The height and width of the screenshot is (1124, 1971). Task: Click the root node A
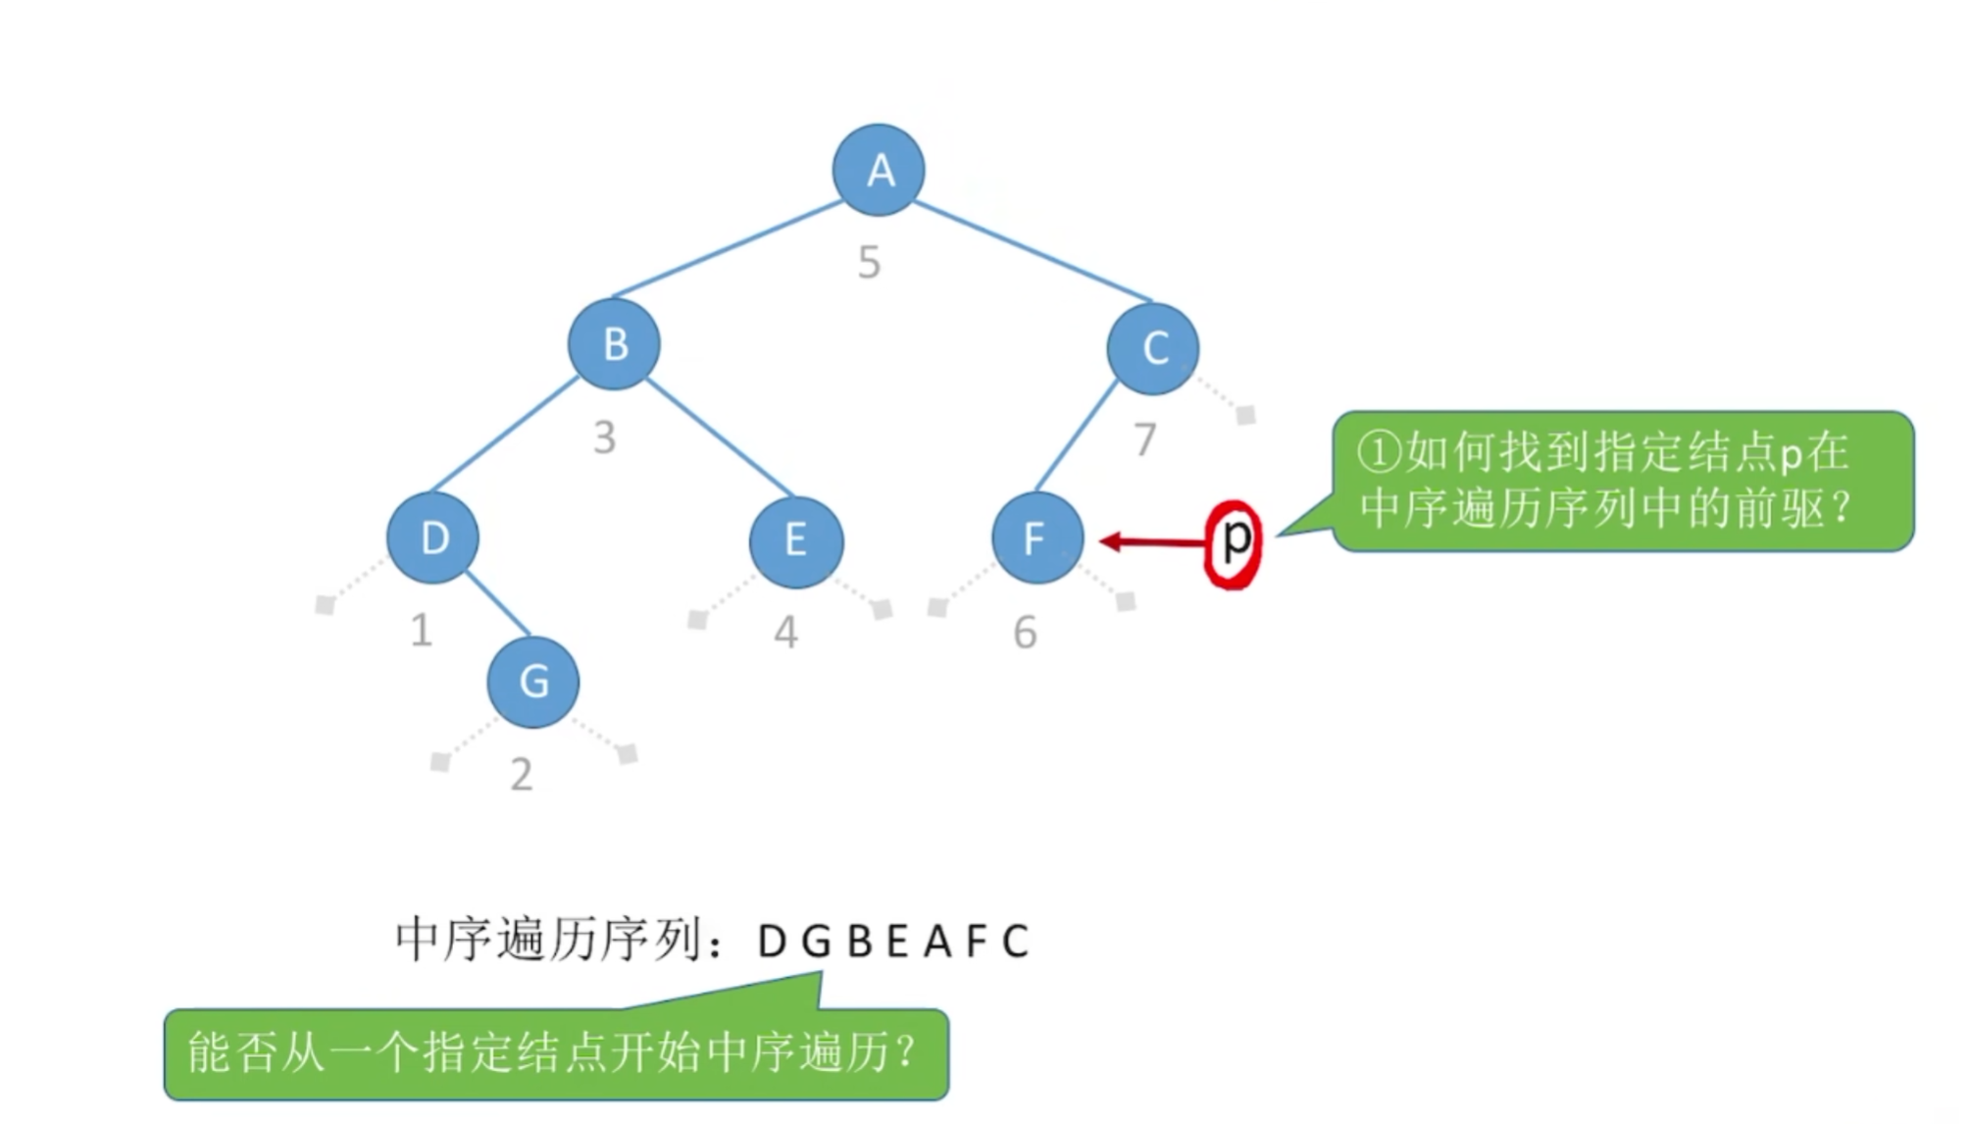tap(879, 170)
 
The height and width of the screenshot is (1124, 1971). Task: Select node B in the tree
tap(615, 344)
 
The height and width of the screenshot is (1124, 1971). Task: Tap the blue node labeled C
tap(1153, 348)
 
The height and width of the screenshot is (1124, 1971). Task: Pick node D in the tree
tap(433, 537)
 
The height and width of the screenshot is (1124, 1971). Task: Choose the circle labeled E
tap(795, 540)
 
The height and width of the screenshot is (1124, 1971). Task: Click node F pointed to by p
tap(1037, 537)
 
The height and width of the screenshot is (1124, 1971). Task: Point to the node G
tap(533, 682)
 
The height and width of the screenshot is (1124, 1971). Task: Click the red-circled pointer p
tap(1233, 542)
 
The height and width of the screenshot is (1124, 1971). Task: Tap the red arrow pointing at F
tap(1152, 541)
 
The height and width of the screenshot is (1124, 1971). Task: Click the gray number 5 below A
tap(869, 263)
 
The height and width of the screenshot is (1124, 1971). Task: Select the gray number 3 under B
tap(605, 437)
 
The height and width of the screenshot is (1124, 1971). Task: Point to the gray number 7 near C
tap(1144, 439)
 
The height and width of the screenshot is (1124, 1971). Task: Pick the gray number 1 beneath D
tap(422, 630)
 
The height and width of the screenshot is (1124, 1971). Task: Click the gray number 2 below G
tap(522, 775)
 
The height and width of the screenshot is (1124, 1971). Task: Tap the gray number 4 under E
tap(785, 633)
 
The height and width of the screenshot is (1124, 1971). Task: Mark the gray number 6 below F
tap(1025, 633)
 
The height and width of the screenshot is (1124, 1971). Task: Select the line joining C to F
tap(1077, 436)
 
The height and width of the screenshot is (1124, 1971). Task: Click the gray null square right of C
tap(1245, 415)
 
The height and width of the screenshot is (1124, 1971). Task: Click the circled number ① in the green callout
tap(1379, 453)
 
